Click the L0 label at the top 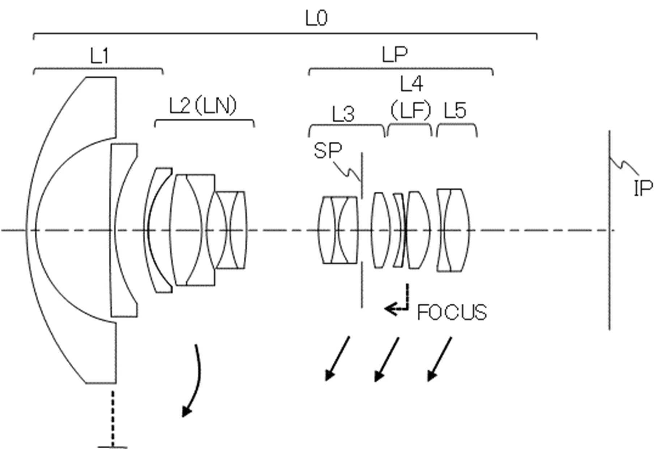click(x=316, y=18)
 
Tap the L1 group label click(x=99, y=56)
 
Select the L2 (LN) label click(x=203, y=106)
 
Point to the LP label click(x=395, y=55)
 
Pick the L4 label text click(x=412, y=84)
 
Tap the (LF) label click(x=411, y=110)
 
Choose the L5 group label click(x=455, y=110)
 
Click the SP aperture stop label click(x=327, y=150)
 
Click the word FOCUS click(x=452, y=313)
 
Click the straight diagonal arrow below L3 click(x=337, y=358)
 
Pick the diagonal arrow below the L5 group click(x=439, y=359)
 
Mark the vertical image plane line click(x=610, y=230)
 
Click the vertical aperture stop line click(x=362, y=230)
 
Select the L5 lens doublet click(x=453, y=230)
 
